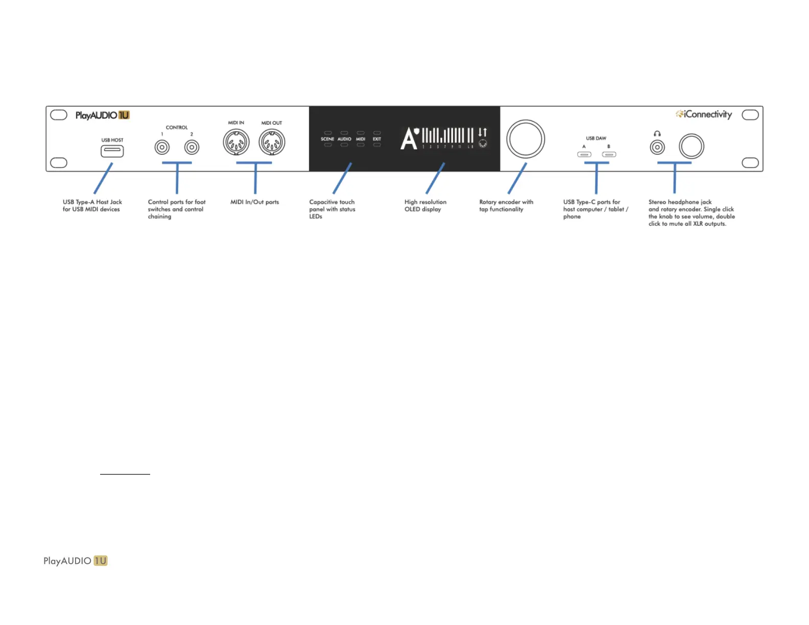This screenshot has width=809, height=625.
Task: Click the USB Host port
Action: point(112,151)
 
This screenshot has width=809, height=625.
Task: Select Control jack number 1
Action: point(162,148)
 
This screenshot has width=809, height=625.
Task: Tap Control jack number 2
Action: point(192,148)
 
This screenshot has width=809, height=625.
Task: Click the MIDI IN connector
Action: point(236,142)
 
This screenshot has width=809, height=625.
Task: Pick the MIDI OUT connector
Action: point(272,142)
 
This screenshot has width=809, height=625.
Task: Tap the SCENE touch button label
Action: point(327,139)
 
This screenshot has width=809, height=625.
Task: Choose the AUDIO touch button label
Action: point(344,139)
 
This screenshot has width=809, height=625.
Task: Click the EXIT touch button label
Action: point(377,139)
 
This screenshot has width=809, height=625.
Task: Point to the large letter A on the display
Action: point(409,139)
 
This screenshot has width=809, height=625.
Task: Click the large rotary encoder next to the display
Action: point(526,139)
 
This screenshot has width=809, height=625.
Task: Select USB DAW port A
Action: point(584,154)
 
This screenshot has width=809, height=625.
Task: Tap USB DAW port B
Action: point(609,154)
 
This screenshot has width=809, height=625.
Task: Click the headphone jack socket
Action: point(657,148)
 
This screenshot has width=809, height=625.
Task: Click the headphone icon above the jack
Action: point(657,134)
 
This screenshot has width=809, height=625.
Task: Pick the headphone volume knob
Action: point(692,147)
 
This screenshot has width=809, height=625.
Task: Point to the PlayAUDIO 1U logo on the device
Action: point(102,115)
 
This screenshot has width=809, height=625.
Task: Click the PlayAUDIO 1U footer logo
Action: point(76,561)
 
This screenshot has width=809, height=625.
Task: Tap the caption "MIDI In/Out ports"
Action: point(254,202)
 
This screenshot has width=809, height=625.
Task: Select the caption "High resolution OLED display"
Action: point(425,206)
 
